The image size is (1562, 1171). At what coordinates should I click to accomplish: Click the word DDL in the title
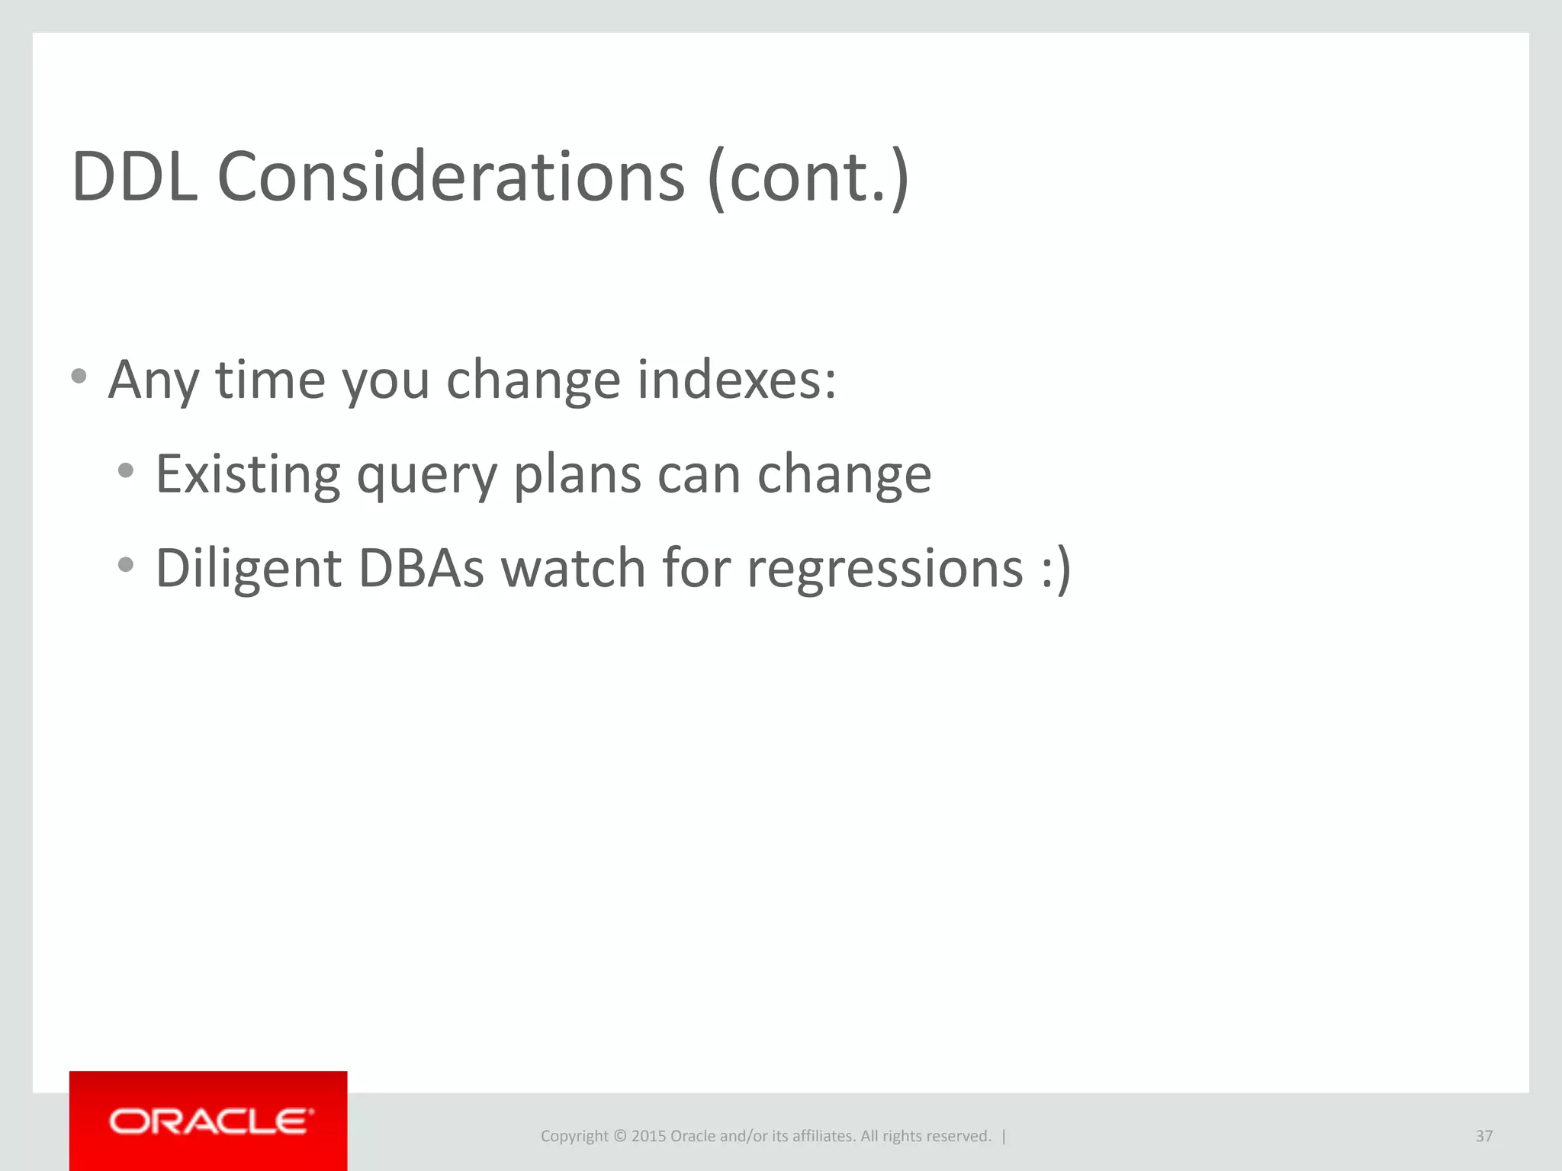[x=134, y=177]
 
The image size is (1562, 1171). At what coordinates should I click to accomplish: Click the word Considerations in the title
[x=451, y=177]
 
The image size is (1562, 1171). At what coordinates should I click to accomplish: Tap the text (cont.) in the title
[x=808, y=178]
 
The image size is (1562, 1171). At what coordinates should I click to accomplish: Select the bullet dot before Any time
[x=79, y=376]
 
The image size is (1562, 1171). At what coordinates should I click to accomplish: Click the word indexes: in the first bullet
[x=737, y=379]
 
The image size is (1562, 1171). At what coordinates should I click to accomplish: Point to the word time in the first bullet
[x=271, y=379]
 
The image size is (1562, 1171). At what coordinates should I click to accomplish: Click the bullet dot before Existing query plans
[x=126, y=470]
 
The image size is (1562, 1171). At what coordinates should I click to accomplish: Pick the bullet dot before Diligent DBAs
[x=126, y=565]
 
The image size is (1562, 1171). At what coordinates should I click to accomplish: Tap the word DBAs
[x=420, y=568]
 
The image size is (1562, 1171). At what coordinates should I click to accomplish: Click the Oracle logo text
[x=210, y=1121]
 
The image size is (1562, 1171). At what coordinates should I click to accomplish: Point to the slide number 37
[x=1483, y=1136]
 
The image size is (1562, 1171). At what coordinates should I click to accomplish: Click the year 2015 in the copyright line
[x=648, y=1136]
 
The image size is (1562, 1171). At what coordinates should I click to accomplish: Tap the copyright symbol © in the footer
[x=620, y=1136]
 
